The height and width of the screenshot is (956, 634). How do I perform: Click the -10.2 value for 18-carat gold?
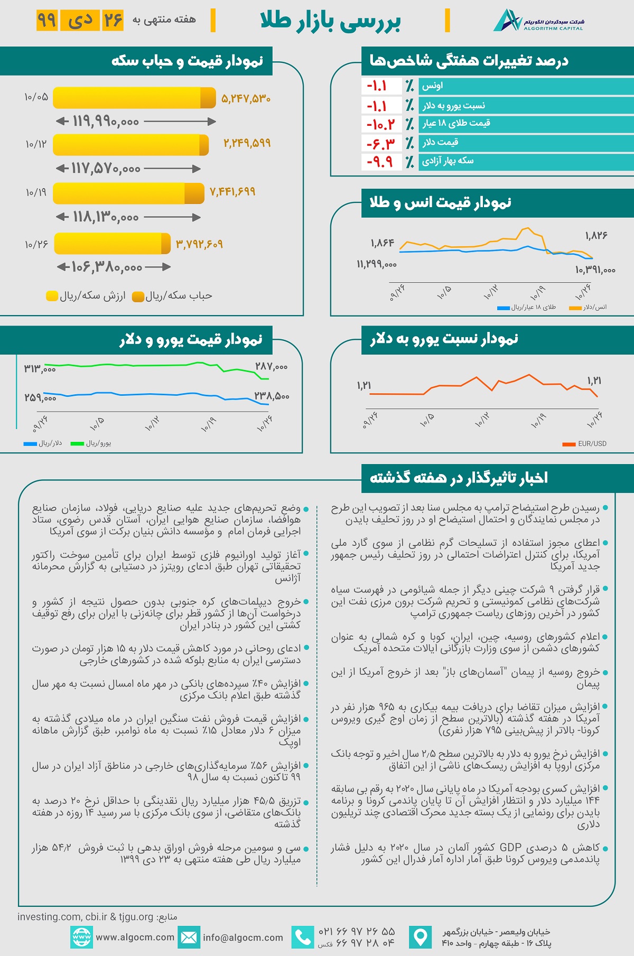coord(381,125)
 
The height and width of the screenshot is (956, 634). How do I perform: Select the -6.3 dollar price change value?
coord(381,143)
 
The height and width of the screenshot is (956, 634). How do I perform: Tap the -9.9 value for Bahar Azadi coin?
coord(381,161)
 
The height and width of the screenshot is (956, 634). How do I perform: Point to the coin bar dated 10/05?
coord(134,98)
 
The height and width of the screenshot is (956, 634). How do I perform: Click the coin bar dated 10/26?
coord(112,244)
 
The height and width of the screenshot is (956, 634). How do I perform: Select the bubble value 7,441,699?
coord(232,192)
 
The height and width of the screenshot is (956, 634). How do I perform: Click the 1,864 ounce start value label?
coord(382,243)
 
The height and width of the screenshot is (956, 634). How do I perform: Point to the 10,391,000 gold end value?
coord(595,270)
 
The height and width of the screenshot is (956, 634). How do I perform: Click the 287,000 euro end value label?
coord(271,367)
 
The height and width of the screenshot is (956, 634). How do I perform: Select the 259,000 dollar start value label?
coord(40,397)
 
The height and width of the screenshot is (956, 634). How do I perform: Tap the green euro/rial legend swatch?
coord(77,444)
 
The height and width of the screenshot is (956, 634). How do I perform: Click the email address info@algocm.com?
coord(243,938)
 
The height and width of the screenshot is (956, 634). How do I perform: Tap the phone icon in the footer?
coord(302,938)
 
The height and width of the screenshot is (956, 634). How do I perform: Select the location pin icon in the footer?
coord(420,938)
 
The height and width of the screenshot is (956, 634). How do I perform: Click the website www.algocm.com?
coord(135,938)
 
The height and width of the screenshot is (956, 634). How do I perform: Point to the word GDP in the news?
coord(510,848)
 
